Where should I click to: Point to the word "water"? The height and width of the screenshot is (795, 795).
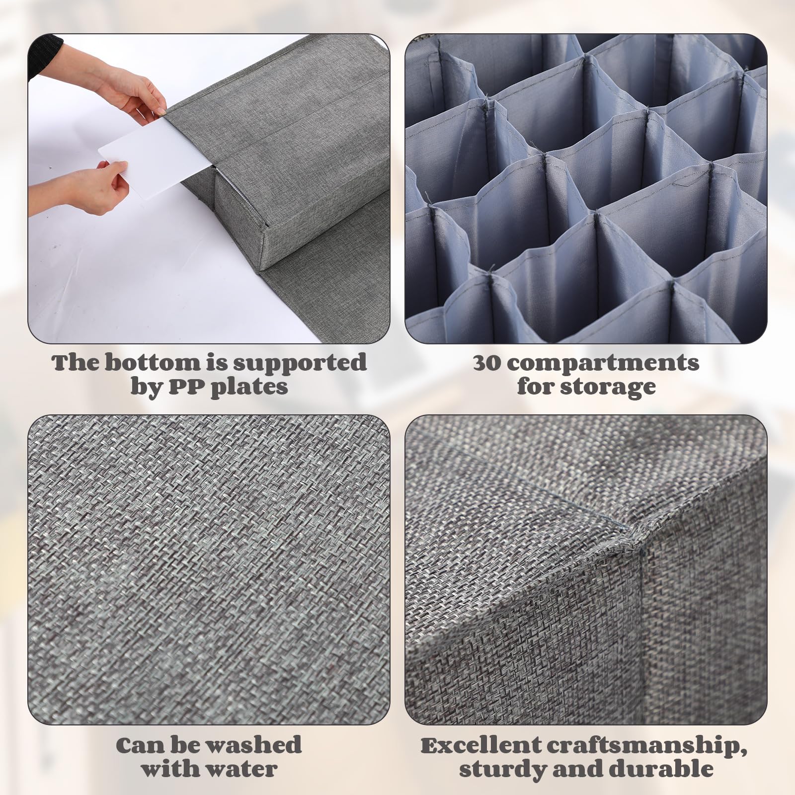click(238, 769)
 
